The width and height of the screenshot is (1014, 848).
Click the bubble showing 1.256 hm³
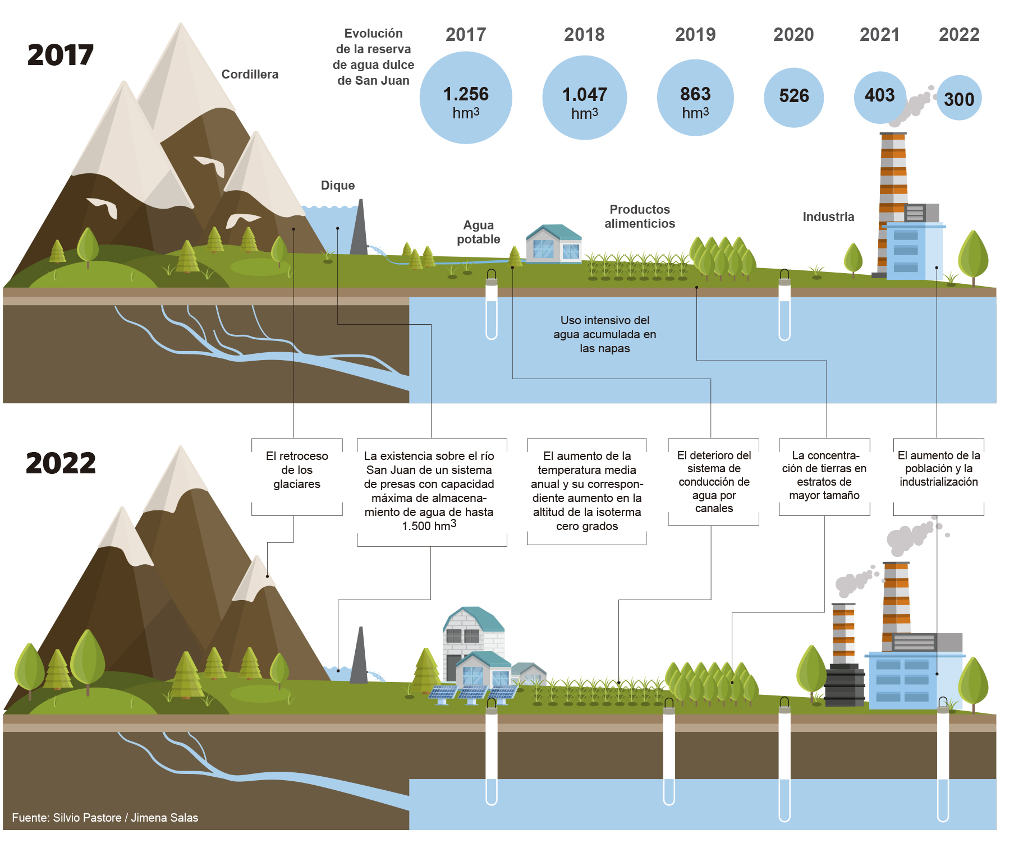coord(466,98)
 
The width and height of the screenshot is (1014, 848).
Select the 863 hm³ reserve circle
coord(695,98)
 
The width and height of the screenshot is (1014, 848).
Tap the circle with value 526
coord(793,97)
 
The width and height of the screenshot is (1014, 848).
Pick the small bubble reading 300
coord(959,99)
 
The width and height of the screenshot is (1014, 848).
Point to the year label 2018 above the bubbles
coord(584,35)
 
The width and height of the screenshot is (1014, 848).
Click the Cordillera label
coord(250,74)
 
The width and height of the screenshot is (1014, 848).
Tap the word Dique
coord(338,185)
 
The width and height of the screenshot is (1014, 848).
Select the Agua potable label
coord(478,232)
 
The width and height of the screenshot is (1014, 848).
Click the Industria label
coord(828,216)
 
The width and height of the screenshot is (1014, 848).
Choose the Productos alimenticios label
coord(640,216)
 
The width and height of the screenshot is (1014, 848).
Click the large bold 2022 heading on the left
coord(61,463)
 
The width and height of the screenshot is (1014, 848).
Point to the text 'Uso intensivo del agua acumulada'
coord(604,334)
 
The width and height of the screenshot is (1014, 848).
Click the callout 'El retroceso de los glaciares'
coord(297,470)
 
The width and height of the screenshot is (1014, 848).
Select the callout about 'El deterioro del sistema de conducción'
coord(714,481)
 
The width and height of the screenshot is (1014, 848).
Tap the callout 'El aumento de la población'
coord(939,468)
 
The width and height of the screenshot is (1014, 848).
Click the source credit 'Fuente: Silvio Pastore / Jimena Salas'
coord(105,818)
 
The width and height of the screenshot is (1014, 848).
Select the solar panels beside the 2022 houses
coord(472,693)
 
